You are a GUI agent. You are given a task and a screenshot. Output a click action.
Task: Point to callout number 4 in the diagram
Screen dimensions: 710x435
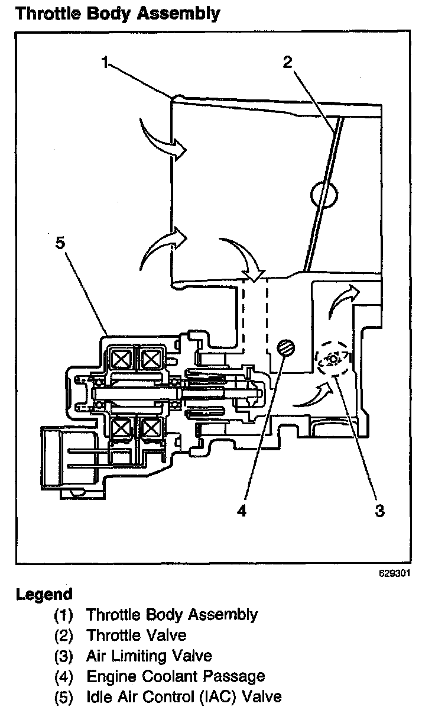point(241,510)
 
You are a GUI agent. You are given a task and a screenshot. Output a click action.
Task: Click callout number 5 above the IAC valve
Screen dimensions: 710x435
point(59,244)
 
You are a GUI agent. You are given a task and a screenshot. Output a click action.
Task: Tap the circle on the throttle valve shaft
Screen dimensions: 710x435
point(323,194)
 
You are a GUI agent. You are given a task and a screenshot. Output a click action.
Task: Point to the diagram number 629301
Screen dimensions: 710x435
point(395,573)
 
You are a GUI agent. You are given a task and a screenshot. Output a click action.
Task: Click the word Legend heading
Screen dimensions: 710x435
point(44,594)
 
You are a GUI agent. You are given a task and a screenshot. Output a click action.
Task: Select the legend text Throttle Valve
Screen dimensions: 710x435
point(136,635)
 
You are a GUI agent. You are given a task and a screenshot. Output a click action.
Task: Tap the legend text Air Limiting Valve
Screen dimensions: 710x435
point(149,656)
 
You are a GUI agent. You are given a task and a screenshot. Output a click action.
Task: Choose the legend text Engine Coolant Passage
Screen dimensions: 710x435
point(176,676)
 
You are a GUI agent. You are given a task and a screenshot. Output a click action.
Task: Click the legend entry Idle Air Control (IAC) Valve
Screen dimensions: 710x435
point(184,696)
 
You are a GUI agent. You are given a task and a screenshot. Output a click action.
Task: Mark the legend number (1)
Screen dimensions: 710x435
point(63,615)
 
